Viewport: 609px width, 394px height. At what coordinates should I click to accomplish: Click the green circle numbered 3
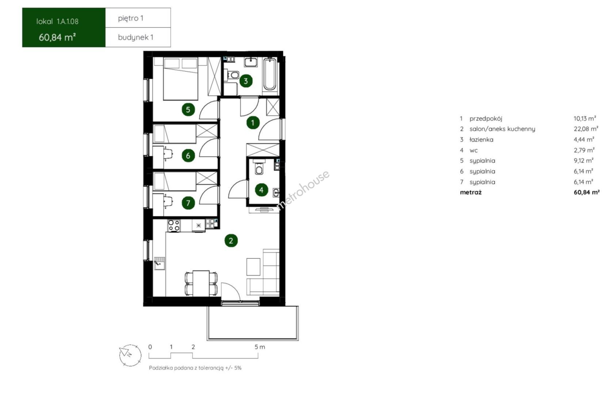click(x=246, y=81)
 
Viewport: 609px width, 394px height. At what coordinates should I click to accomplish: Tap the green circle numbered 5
click(x=188, y=110)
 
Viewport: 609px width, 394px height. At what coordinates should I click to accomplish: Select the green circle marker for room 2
click(x=231, y=240)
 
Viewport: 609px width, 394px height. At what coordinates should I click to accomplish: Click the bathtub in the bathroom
click(x=270, y=74)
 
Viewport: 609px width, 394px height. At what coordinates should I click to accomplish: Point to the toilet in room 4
click(x=259, y=168)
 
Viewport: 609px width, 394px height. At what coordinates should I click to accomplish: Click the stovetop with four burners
click(x=174, y=226)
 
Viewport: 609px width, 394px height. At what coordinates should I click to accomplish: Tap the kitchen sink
click(x=160, y=263)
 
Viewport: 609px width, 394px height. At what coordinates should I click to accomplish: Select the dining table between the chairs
click(x=201, y=283)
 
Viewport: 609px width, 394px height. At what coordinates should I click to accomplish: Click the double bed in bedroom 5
click(x=180, y=79)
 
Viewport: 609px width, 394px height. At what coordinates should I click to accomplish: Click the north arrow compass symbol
click(x=130, y=355)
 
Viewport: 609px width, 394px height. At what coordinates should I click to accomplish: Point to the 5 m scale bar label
click(x=260, y=347)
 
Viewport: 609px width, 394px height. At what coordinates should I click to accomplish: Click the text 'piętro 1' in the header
click(x=130, y=18)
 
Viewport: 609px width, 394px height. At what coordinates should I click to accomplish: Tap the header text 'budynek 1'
click(x=136, y=37)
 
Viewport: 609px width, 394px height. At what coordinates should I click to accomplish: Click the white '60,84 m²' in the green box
click(x=57, y=37)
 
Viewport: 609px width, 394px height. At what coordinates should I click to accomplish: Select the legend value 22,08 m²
click(x=586, y=129)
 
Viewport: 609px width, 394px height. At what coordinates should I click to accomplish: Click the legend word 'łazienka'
click(x=481, y=140)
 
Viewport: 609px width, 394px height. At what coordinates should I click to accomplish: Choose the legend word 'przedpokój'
click(x=486, y=119)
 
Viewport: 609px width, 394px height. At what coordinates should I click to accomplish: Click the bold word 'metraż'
click(x=471, y=193)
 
